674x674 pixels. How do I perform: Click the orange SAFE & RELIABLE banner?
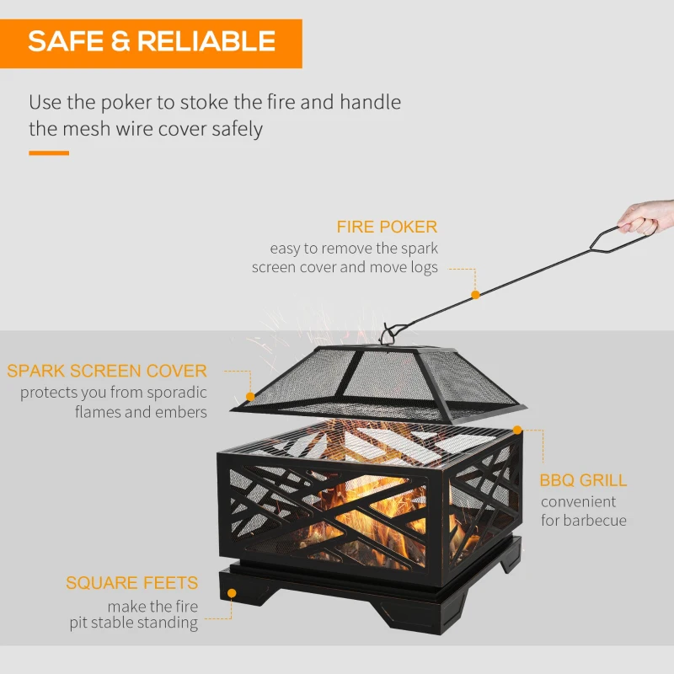tap(152, 41)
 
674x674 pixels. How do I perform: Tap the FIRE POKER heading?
tap(387, 227)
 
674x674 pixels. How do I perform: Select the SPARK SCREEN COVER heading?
tap(107, 371)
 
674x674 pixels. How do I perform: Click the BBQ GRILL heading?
tap(584, 480)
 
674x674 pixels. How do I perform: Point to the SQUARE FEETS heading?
tap(132, 583)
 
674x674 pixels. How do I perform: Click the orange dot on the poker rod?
tap(475, 295)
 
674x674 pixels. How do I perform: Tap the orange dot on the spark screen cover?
tap(249, 396)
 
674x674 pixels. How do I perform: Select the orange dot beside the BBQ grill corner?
tap(517, 431)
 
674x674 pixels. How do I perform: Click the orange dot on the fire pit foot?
tap(230, 593)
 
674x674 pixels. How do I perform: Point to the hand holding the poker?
tap(649, 217)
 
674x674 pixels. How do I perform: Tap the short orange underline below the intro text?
tap(49, 153)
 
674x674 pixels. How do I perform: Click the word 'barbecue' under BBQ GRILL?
tap(596, 521)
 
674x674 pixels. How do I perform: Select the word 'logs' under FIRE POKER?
tap(424, 267)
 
